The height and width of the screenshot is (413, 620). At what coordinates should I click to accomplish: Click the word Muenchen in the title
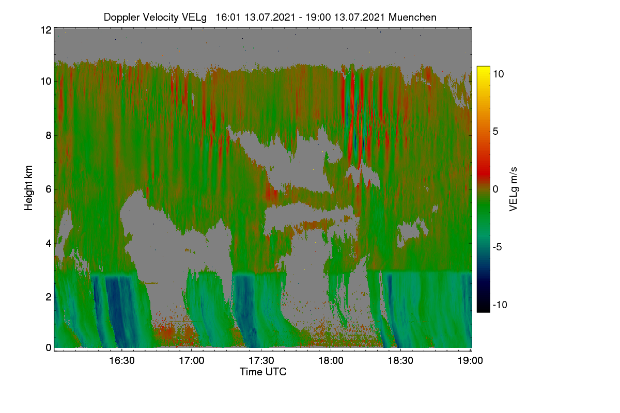tap(412, 18)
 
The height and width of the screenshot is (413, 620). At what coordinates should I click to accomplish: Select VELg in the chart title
tap(194, 18)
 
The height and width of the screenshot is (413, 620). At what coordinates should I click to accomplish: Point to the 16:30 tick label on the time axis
tap(122, 361)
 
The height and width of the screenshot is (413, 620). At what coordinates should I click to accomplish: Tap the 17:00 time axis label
tap(192, 361)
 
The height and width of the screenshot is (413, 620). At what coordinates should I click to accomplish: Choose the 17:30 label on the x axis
tap(261, 361)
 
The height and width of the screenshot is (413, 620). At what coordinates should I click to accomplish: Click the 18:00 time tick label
tap(331, 361)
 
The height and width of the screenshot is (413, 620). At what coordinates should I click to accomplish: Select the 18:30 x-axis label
tap(400, 361)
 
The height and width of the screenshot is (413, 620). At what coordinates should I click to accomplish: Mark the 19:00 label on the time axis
tap(470, 361)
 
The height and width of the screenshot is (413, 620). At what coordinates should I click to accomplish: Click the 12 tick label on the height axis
tap(46, 30)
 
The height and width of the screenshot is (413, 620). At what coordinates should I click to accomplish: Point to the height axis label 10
tap(46, 82)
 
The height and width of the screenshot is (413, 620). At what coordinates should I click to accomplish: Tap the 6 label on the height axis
tap(49, 189)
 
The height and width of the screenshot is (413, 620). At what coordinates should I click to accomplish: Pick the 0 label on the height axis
tap(49, 348)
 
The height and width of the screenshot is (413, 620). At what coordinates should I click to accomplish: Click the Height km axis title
tap(28, 188)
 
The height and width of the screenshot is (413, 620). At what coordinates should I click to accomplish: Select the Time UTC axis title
tap(263, 372)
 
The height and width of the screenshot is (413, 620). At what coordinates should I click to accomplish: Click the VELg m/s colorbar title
tap(513, 189)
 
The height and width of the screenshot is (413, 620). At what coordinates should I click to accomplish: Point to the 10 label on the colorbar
tap(499, 74)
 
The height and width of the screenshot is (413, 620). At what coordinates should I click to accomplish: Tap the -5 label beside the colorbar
tap(498, 247)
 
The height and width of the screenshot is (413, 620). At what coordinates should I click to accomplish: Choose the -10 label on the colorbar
tap(500, 305)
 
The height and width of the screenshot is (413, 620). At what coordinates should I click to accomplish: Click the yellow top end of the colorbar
tap(483, 67)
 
